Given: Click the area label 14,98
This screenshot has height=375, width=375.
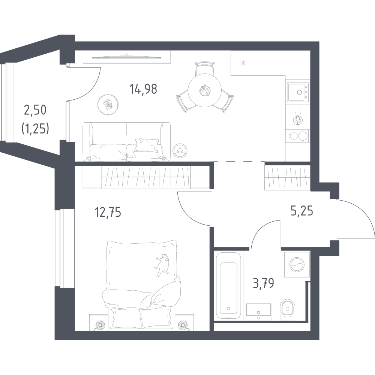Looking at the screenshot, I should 143,89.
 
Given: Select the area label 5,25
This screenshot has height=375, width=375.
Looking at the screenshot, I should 302,211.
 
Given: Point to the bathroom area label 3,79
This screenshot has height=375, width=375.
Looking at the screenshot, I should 262,282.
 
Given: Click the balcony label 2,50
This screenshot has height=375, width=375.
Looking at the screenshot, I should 36,110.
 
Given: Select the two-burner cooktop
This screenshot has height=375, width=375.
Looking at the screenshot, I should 297,135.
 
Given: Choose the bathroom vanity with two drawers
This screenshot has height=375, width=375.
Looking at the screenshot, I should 258,312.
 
